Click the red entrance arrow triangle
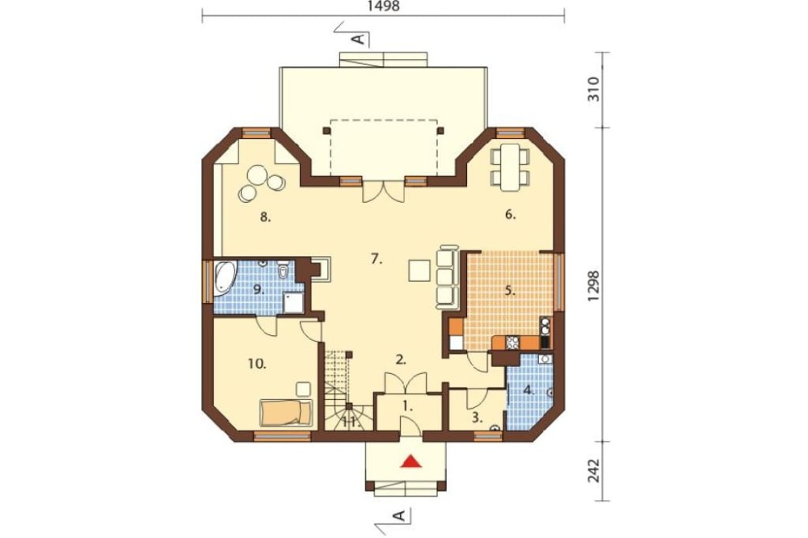coord(412,460)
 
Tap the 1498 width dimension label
coord(383,6)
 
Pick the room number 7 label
coord(377,259)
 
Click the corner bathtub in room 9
coord(224,277)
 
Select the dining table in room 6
coord(511,167)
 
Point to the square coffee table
coord(419,271)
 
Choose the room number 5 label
coord(510,291)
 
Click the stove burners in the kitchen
coord(512,343)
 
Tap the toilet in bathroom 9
coord(283,270)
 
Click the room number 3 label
coord(478,418)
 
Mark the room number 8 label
coord(265,217)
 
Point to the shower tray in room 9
coord(294,303)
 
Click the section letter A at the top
coord(360,39)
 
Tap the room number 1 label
coord(407,406)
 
